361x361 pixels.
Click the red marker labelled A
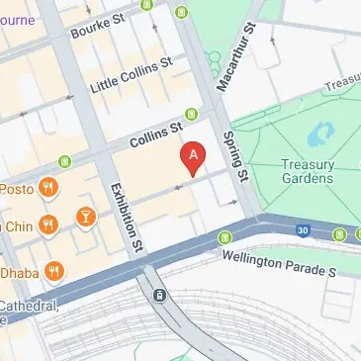tap(194, 156)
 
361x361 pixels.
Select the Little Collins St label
tap(131, 74)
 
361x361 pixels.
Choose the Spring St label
tap(233, 154)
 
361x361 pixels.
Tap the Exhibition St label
tap(127, 214)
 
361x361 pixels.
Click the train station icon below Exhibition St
tap(158, 295)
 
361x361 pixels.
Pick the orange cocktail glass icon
tap(86, 215)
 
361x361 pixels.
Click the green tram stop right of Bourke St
tap(180, 13)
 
